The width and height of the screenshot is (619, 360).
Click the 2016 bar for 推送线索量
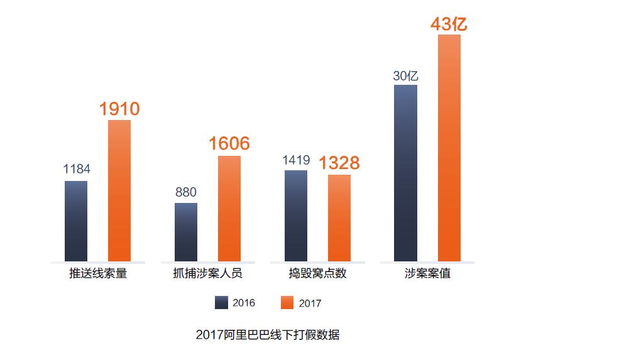click(x=76, y=221)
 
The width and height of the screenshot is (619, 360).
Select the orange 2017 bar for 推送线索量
click(x=119, y=190)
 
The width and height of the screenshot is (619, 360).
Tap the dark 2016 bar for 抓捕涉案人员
click(x=186, y=232)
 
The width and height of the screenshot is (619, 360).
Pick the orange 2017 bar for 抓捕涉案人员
click(x=229, y=208)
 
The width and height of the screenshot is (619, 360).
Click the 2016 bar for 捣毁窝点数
click(x=296, y=215)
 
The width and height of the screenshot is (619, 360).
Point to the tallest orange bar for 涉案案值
click(x=449, y=148)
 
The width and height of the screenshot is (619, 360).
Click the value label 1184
click(x=77, y=169)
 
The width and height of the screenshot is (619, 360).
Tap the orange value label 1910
click(x=119, y=109)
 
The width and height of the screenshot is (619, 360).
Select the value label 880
click(x=186, y=192)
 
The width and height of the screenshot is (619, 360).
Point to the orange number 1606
click(x=229, y=144)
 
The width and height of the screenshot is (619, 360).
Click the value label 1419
click(x=296, y=160)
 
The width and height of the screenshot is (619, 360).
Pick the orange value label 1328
click(x=339, y=163)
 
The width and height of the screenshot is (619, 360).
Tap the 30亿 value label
click(x=405, y=76)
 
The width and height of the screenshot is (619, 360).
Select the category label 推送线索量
click(x=98, y=274)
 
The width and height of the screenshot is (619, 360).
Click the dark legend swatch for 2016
click(x=221, y=303)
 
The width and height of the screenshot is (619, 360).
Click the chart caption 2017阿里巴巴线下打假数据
click(x=267, y=335)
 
